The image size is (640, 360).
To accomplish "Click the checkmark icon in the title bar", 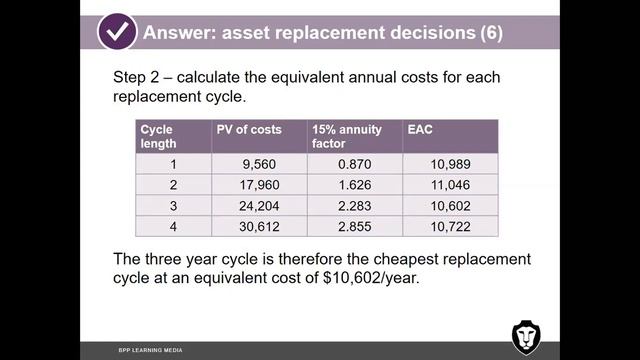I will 117,31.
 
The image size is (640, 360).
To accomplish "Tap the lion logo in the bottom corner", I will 526,337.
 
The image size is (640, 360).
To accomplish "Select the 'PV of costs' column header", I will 249,129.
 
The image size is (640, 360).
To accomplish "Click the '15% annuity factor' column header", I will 341,136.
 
